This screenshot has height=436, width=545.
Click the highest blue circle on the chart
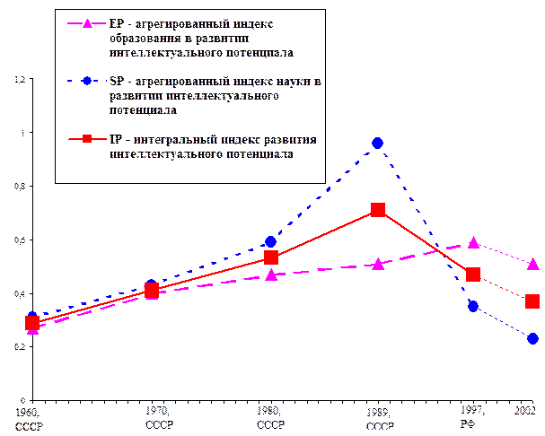(x=378, y=144)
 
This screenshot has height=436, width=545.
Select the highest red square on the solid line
(x=378, y=210)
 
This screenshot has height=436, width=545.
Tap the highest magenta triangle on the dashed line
(x=473, y=243)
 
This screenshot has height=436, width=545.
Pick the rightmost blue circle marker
(x=533, y=338)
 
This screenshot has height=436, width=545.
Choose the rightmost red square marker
(x=533, y=301)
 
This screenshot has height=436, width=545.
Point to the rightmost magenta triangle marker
(x=533, y=264)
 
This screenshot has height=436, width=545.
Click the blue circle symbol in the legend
(x=86, y=81)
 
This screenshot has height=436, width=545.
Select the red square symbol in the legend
(x=86, y=139)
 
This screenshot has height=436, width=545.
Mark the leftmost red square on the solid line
(x=32, y=323)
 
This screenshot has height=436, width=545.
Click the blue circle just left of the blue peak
(x=271, y=242)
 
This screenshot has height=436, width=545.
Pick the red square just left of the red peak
(x=271, y=258)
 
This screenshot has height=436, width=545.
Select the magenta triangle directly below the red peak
(x=378, y=265)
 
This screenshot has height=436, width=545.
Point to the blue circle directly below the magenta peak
(x=473, y=306)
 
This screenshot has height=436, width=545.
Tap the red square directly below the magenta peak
(x=473, y=275)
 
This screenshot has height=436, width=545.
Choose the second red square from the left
(x=152, y=291)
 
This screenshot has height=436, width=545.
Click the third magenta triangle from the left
(x=271, y=275)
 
